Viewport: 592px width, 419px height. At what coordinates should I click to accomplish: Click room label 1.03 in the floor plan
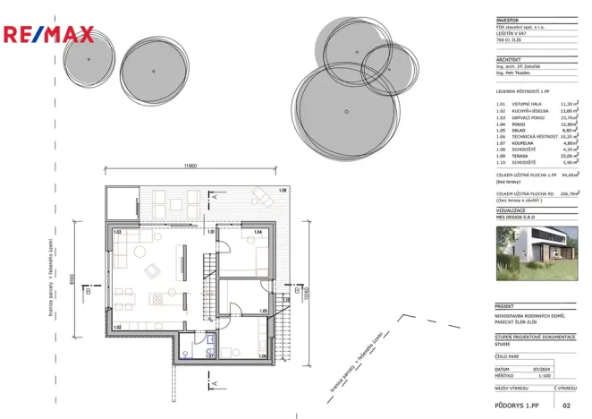(x=117, y=233)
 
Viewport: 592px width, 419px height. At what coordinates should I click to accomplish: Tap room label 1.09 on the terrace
(x=283, y=190)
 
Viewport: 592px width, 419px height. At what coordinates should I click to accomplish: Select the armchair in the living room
(x=152, y=270)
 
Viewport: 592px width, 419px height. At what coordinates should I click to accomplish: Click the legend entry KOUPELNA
(x=513, y=142)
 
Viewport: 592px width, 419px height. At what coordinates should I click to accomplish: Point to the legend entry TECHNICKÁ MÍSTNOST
(x=528, y=136)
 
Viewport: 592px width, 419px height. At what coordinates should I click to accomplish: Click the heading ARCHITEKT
(x=508, y=60)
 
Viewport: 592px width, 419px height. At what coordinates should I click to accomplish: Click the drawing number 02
(x=565, y=406)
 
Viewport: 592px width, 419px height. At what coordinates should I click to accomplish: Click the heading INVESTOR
(x=506, y=20)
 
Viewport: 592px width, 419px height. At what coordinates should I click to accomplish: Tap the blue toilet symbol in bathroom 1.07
(x=207, y=340)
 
